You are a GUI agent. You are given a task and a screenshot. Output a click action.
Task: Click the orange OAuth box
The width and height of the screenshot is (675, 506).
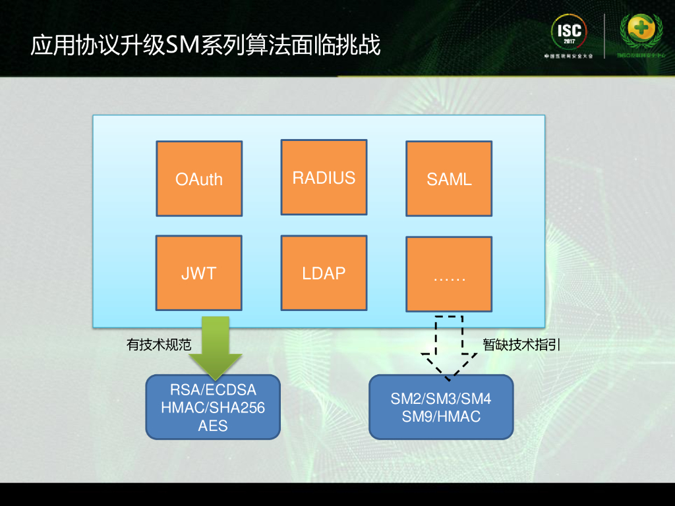coord(199,179)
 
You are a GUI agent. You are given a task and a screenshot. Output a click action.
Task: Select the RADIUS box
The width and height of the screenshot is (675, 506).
coord(324,177)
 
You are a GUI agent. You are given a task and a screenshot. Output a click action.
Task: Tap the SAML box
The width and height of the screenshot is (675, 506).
coord(449,179)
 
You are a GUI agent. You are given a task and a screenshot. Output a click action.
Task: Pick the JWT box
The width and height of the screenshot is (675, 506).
coord(199,273)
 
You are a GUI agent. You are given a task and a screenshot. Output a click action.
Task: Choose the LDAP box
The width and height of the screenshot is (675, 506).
coord(324,273)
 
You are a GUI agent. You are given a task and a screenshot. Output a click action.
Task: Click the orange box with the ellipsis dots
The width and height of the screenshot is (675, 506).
coord(449,274)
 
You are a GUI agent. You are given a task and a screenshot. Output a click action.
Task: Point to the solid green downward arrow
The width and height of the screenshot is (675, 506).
coord(216,346)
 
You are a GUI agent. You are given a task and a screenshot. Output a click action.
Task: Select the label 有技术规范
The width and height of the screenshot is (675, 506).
coord(159,345)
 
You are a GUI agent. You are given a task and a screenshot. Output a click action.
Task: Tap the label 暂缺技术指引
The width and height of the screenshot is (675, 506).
coord(521,345)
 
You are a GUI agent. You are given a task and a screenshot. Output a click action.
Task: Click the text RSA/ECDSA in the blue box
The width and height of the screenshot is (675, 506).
coord(213,389)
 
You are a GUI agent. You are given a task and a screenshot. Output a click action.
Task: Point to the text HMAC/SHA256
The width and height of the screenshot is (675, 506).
coord(213,408)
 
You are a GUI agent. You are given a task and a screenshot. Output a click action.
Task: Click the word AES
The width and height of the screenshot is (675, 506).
coord(213,426)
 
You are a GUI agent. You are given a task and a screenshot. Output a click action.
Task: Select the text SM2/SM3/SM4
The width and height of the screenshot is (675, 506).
coord(441,399)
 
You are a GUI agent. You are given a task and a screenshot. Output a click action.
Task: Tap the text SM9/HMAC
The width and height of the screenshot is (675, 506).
coord(441,416)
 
